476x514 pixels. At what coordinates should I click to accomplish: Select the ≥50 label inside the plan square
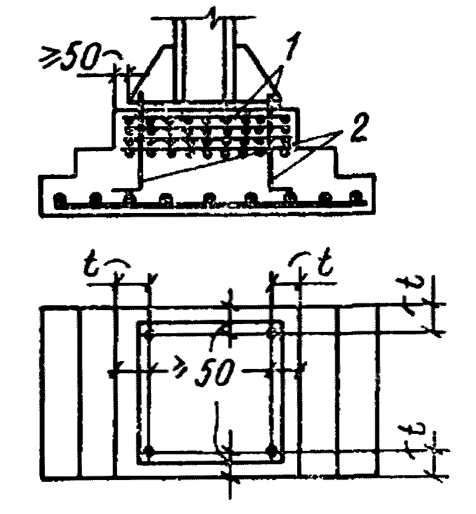(210, 371)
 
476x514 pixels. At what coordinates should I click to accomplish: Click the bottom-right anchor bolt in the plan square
(274, 452)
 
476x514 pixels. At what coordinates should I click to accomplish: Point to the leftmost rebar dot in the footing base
(60, 199)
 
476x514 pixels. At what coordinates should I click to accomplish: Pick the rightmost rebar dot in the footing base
(358, 198)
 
